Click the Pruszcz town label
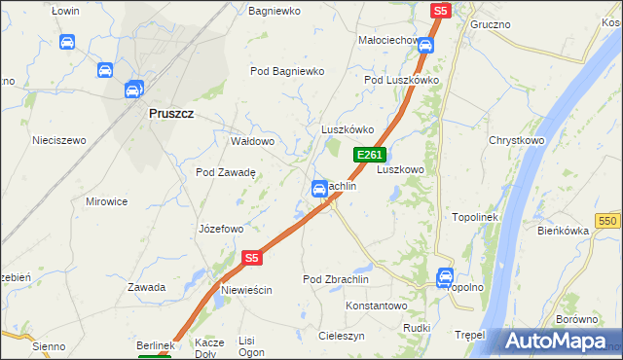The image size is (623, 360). coord(171,113)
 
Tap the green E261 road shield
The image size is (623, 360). coord(370,155)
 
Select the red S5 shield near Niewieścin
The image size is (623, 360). coord(252,258)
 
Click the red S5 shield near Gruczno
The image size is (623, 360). coord(441,10)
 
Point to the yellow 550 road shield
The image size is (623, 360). coord(609,222)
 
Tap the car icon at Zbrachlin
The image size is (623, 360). coord(318,189)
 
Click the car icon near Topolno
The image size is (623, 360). coord(446,275)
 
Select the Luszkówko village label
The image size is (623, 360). coord(348,129)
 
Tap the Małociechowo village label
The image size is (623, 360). coord(388,41)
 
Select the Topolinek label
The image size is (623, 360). coord(475,217)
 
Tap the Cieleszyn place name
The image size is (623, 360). coord(342,335)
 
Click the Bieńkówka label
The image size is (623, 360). coord(564,231)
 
